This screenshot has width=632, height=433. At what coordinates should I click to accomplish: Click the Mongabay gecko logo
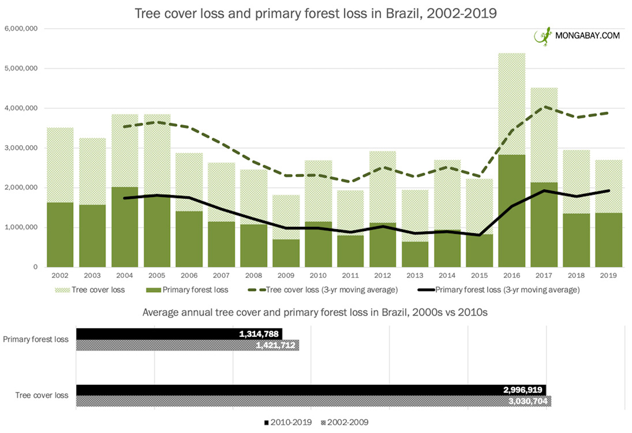click(542, 36)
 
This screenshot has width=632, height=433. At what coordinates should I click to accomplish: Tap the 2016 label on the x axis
click(512, 276)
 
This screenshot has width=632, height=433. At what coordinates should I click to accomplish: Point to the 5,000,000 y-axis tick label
click(21, 68)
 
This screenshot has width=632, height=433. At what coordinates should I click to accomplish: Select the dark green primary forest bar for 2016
click(512, 210)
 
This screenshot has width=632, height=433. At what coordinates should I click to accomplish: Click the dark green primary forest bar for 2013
click(415, 254)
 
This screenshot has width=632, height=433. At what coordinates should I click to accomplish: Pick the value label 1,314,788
click(259, 334)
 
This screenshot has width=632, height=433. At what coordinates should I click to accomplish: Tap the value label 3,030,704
click(528, 401)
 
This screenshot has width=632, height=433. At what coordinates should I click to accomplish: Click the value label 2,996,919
click(522, 390)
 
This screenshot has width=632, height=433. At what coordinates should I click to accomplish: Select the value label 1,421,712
click(276, 345)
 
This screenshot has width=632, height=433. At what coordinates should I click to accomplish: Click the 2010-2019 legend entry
click(288, 422)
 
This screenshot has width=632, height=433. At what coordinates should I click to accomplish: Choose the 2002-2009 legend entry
click(345, 422)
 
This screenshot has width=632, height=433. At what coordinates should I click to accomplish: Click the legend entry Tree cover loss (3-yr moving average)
click(323, 290)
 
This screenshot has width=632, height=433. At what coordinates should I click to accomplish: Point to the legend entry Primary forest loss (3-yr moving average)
click(499, 290)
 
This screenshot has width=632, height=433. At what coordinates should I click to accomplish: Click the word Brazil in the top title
click(404, 14)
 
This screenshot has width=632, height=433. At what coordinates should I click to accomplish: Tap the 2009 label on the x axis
click(286, 276)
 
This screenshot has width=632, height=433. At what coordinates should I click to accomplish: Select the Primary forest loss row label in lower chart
click(36, 339)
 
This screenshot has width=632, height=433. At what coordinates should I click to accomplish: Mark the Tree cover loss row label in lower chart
click(42, 395)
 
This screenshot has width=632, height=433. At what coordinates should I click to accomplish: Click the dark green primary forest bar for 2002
click(60, 235)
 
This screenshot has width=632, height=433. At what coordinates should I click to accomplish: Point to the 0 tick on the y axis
click(35, 267)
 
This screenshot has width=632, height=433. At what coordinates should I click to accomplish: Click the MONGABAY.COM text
click(587, 36)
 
